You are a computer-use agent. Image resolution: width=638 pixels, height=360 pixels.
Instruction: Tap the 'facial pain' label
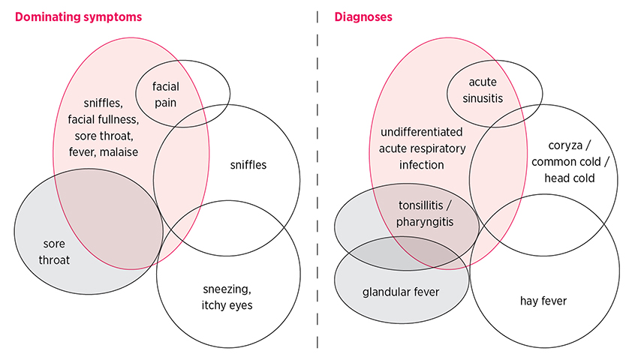click(x=165, y=94)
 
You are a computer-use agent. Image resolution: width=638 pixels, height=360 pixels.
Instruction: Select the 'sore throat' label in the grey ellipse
click(x=56, y=252)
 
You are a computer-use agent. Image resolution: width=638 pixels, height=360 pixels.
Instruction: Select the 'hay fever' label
click(x=543, y=301)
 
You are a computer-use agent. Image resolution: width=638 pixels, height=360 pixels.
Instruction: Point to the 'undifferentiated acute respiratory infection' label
click(x=422, y=148)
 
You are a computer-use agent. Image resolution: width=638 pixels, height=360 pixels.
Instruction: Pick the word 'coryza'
click(x=549, y=145)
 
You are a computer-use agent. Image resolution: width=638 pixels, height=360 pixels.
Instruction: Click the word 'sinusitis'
click(x=482, y=97)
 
